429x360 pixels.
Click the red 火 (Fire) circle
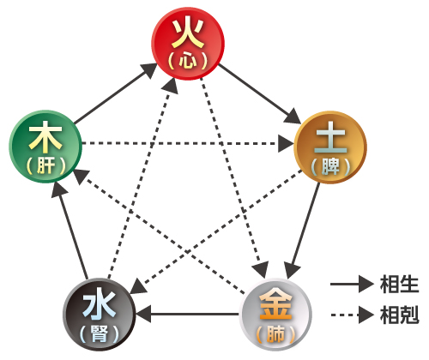tap(188, 44)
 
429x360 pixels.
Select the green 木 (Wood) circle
tap(45, 147)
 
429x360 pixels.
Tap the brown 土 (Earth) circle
tap(330, 147)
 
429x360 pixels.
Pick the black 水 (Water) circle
tap(100, 315)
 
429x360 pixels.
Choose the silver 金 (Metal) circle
tap(275, 315)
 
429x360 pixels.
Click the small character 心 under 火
tap(188, 61)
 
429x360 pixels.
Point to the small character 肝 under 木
tap(45, 165)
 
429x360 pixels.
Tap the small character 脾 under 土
tap(330, 166)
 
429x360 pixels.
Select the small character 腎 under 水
tap(100, 333)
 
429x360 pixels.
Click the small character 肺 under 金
tap(275, 333)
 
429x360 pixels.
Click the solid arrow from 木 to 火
tap(116, 93)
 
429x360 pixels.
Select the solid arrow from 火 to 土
tap(260, 94)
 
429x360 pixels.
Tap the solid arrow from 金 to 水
tap(187, 315)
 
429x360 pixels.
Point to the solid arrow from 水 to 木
tap(69, 231)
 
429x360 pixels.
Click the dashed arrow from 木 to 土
tap(188, 143)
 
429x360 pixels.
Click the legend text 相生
tap(399, 285)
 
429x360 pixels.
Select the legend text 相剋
tap(399, 315)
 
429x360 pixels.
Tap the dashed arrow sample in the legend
tap(352, 315)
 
